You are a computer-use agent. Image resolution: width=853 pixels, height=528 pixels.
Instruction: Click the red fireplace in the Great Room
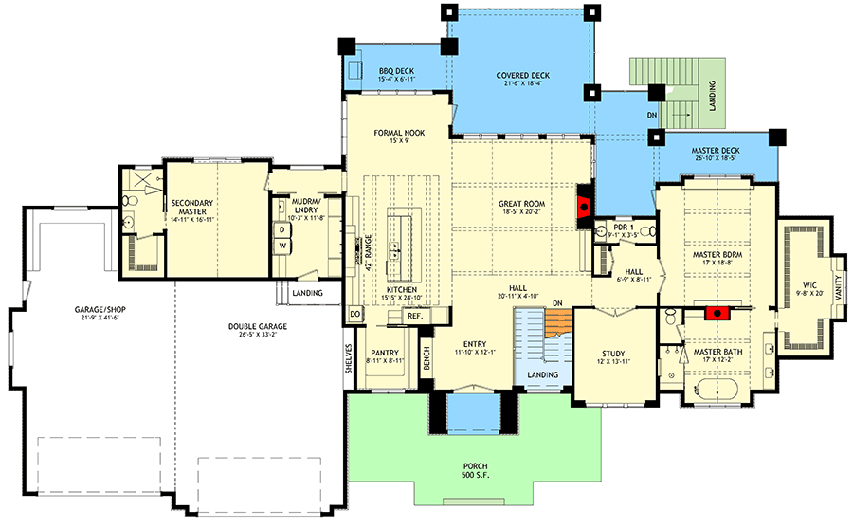(x=585, y=204)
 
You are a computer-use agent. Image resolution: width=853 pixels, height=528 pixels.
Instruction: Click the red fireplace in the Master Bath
(x=719, y=310)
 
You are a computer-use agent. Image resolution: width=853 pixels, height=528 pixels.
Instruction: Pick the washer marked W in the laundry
(x=282, y=246)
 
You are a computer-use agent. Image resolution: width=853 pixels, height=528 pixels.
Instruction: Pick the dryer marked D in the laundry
(x=282, y=228)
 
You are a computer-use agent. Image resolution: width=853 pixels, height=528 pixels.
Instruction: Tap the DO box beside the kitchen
(x=354, y=314)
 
